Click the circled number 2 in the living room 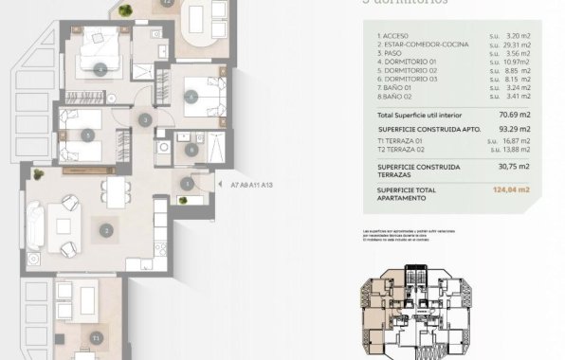click(107, 229)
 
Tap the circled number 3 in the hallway click(144, 120)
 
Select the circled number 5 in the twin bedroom click(87, 135)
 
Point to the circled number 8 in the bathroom click(191, 148)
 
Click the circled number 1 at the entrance click(187, 184)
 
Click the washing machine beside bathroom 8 click(214, 146)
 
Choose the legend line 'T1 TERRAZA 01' click(403, 139)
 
